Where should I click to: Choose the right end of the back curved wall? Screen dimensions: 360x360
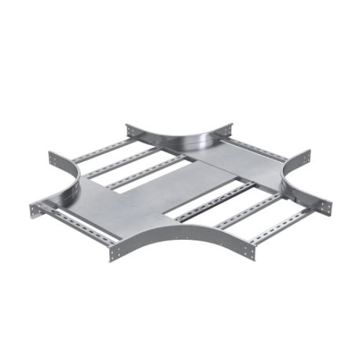[x=233, y=126]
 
